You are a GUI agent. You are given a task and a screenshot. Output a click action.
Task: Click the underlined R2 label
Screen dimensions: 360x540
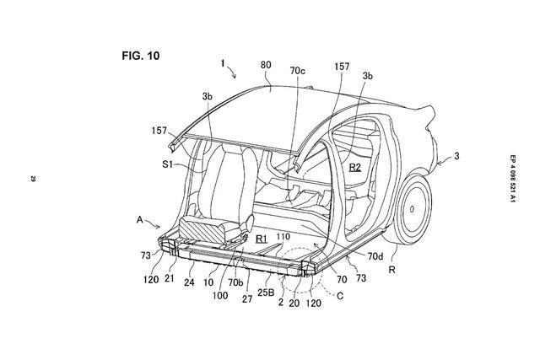click(354, 168)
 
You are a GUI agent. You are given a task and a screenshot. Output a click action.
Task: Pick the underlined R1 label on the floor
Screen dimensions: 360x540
click(262, 239)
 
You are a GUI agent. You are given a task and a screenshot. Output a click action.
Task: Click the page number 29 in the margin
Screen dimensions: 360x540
click(32, 178)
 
